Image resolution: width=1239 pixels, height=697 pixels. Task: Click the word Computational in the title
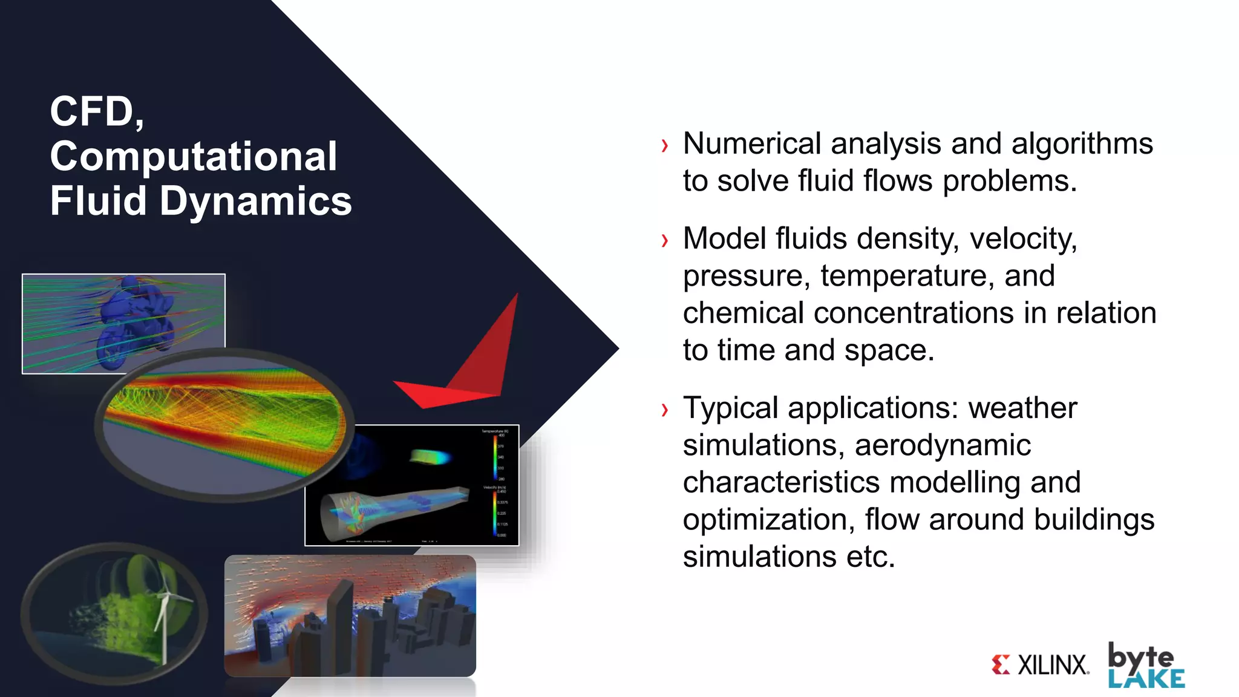193,157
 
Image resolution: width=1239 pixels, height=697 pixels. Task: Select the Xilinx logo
1041,665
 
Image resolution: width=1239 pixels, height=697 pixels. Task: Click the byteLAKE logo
1145,666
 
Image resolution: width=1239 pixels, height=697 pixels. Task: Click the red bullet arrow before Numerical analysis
665,146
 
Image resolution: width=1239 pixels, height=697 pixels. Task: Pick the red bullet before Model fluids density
665,241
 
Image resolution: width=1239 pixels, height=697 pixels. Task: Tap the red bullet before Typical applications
665,410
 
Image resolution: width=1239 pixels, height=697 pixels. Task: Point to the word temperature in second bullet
907,276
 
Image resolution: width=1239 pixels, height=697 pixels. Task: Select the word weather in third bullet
1022,408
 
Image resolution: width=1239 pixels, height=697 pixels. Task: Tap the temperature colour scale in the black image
495,457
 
